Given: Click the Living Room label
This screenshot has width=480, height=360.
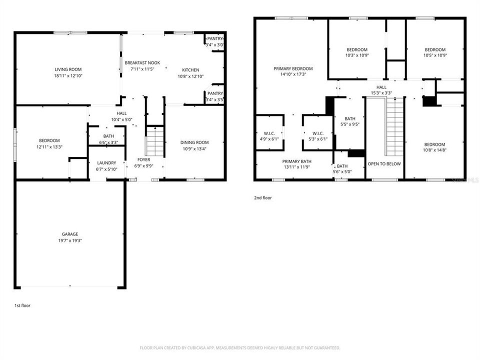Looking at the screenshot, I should pyautogui.click(x=68, y=69).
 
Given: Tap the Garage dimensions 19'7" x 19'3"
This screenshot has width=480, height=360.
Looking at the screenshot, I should pyautogui.click(x=70, y=240).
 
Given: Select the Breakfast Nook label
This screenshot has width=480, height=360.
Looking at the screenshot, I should pyautogui.click(x=142, y=62).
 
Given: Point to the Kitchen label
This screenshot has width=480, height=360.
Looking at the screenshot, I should pyautogui.click(x=190, y=70).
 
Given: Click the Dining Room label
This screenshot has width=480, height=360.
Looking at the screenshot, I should pyautogui.click(x=194, y=142).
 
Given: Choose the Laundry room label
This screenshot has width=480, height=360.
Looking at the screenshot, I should pyautogui.click(x=107, y=162).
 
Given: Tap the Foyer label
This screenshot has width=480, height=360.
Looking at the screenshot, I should pyautogui.click(x=144, y=160).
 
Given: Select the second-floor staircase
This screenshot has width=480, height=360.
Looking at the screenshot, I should pyautogui.click(x=394, y=127).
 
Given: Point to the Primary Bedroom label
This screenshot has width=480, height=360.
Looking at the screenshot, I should pyautogui.click(x=293, y=68).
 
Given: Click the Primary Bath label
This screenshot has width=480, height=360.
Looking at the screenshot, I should pyautogui.click(x=296, y=161).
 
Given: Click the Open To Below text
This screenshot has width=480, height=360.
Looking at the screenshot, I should pyautogui.click(x=384, y=163).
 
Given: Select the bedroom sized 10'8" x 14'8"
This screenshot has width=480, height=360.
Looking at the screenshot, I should pyautogui.click(x=434, y=144).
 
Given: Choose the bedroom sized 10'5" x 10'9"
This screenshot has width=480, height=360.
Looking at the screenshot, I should pyautogui.click(x=435, y=49).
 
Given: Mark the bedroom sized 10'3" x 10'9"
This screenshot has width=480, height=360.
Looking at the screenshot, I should pyautogui.click(x=357, y=49).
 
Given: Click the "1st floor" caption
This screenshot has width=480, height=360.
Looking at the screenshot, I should pyautogui.click(x=22, y=304).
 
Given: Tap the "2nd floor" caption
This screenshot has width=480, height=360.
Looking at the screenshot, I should pyautogui.click(x=262, y=198).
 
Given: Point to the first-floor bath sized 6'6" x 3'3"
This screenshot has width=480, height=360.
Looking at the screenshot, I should pyautogui.click(x=108, y=136).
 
